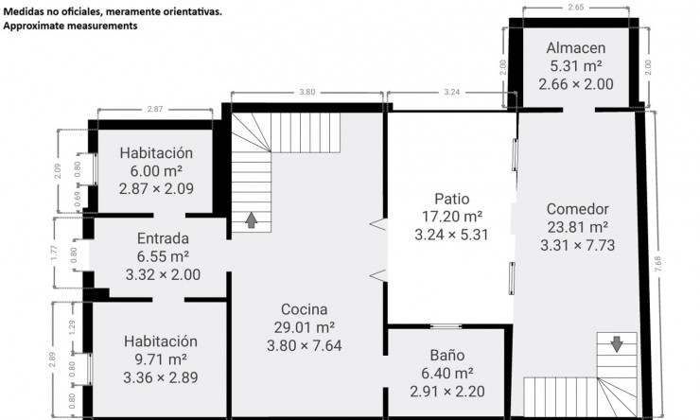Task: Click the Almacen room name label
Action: (x=576, y=47)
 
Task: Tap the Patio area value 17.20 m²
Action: (x=452, y=217)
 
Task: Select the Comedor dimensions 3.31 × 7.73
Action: (x=578, y=245)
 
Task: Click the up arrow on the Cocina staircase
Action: (x=252, y=220)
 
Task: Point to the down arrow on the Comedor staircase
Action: (x=617, y=344)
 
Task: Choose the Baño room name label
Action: (x=447, y=355)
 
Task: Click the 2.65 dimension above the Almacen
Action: (x=576, y=8)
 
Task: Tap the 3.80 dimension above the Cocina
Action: (x=307, y=92)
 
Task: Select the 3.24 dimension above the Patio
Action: (x=452, y=92)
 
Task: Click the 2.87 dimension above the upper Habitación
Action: (x=155, y=109)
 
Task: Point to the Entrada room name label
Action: (x=163, y=238)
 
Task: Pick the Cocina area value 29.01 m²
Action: (x=305, y=327)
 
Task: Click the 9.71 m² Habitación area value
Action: (x=161, y=359)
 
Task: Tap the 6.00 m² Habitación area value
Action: (x=156, y=170)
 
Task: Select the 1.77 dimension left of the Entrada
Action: (x=54, y=254)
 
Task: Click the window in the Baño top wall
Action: (x=446, y=326)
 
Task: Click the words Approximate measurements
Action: (x=70, y=26)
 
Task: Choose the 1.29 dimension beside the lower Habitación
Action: (x=72, y=327)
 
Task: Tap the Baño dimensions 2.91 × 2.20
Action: (x=447, y=392)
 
